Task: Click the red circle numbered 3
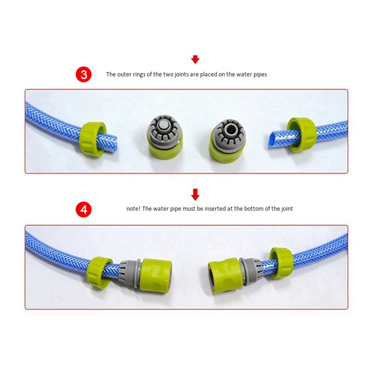83,75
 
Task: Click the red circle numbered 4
83,209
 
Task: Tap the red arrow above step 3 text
195,59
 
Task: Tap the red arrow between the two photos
195,194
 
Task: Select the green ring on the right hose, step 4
282,263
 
